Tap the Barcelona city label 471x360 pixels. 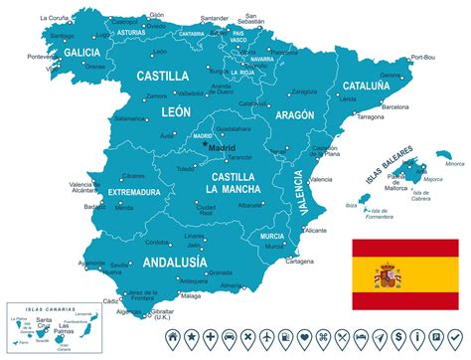394,105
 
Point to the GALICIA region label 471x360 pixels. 81,52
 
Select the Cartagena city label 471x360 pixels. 299,262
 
